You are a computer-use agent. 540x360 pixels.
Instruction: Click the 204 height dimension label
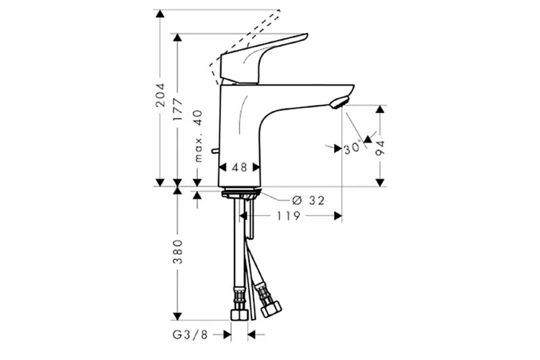[x=160, y=95]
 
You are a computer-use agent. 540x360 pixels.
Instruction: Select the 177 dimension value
[x=178, y=109]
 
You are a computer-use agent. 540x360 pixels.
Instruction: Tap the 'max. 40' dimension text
[x=197, y=136]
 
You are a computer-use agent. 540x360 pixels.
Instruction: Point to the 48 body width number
[x=239, y=168]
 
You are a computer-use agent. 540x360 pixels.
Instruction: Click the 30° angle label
[x=352, y=148]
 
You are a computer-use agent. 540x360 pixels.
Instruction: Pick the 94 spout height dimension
[x=380, y=148]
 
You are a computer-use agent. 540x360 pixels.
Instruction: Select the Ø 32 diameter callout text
[x=308, y=200]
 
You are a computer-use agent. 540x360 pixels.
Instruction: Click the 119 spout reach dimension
[x=289, y=216]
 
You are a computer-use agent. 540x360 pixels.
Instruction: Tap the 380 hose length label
[x=178, y=252]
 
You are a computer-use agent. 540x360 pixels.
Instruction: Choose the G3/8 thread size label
[x=191, y=335]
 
